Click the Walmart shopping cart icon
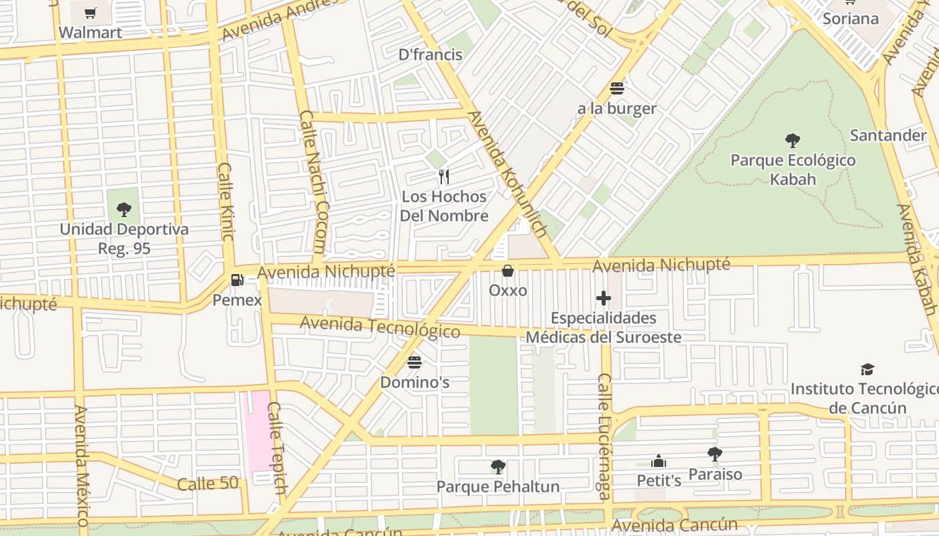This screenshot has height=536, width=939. point(91,13)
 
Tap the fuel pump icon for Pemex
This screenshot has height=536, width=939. point(237,280)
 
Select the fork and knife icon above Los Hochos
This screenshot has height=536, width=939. point(443,177)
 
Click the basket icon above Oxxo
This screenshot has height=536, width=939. point(508,271)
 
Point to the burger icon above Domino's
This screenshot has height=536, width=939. point(415,362)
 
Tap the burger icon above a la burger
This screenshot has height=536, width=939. point(617,88)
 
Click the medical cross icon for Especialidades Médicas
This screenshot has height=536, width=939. point(604,298)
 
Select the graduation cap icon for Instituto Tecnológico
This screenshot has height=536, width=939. point(868,369)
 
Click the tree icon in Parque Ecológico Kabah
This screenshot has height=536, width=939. point(793,141)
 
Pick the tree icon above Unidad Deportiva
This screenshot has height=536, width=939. point(124,210)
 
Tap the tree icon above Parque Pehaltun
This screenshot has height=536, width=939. point(498,466)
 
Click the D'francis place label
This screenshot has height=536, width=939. point(431,55)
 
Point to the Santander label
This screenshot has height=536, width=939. point(888,135)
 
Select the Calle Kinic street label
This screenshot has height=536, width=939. point(226,202)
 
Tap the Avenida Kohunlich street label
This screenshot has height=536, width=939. point(507,174)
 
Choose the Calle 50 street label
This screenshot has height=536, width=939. point(208,483)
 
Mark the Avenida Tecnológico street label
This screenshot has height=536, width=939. point(380,327)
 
